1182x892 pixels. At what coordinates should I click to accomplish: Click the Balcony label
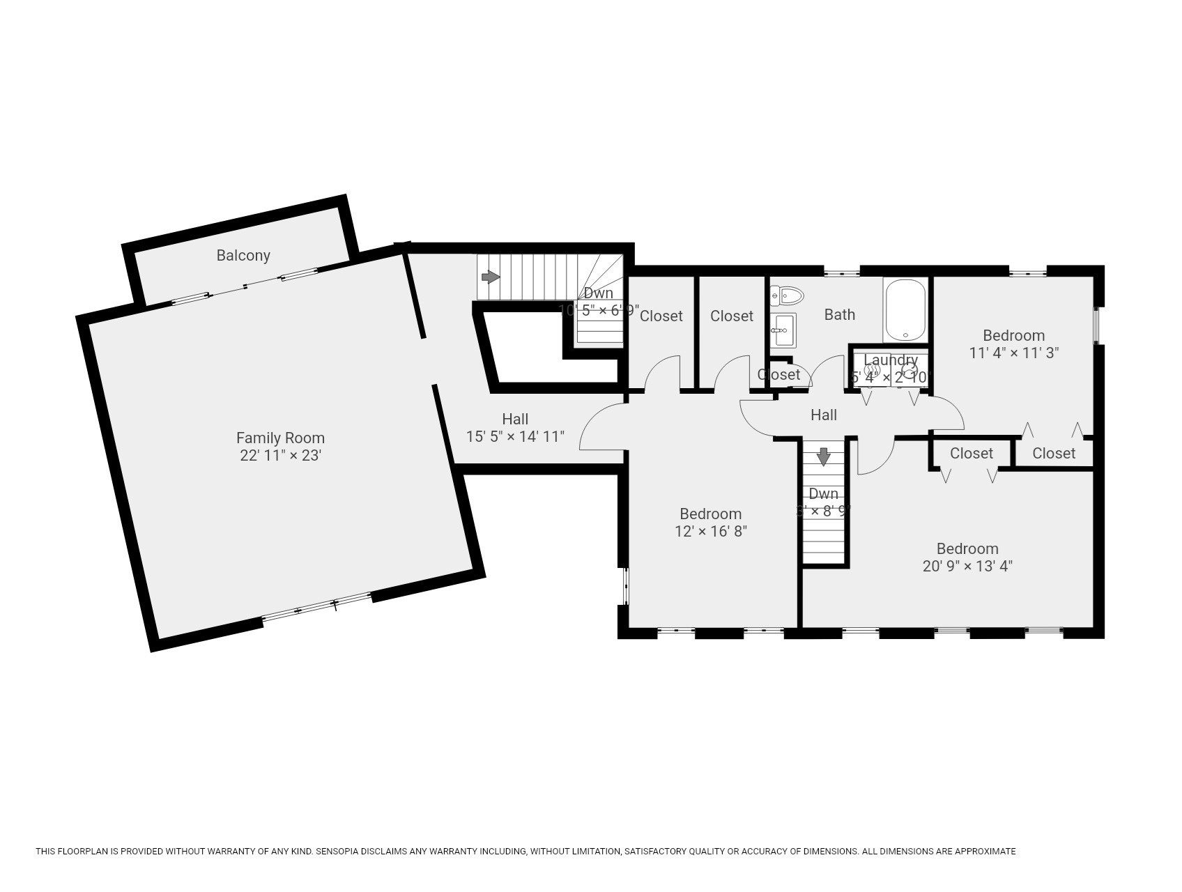[243, 256]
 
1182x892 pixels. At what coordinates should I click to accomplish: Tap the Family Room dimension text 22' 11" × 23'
[280, 456]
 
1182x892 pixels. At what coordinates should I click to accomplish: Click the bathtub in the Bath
[905, 310]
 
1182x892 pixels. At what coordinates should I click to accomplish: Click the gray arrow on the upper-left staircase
[491, 277]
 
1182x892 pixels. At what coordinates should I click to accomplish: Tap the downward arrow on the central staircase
[823, 457]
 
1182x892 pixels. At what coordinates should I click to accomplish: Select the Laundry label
[890, 360]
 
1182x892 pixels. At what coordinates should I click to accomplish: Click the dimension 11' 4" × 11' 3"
[1013, 353]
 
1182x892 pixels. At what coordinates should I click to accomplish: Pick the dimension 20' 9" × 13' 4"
[967, 566]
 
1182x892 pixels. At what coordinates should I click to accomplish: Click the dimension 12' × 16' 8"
[710, 531]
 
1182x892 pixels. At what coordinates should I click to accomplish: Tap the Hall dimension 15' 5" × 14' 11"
[514, 437]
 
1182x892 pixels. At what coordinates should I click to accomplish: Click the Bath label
[839, 314]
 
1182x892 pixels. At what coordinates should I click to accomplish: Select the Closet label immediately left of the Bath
[731, 316]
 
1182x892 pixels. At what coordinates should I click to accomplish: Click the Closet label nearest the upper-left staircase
[661, 316]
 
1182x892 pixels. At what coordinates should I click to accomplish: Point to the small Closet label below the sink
[778, 375]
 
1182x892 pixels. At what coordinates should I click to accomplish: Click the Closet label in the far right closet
[1053, 454]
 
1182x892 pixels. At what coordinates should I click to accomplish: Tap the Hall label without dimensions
[823, 415]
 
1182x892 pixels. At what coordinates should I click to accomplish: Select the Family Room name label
[280, 438]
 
